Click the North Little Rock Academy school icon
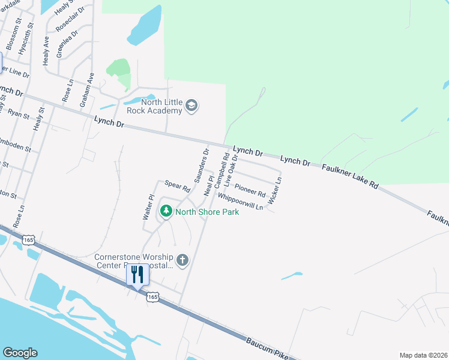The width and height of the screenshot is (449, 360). pyautogui.click(x=191, y=106)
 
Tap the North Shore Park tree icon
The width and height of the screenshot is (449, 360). pyautogui.click(x=166, y=211)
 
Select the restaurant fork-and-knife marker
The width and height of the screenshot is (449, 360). pyautogui.click(x=137, y=276)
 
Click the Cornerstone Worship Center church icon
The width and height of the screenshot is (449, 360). pyautogui.click(x=182, y=260)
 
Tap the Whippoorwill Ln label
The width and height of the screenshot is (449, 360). pyautogui.click(x=241, y=201)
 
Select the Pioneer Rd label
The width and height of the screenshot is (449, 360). pyautogui.click(x=250, y=190)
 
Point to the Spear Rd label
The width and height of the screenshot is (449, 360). pyautogui.click(x=177, y=186)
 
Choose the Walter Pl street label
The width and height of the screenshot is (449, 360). pyautogui.click(x=148, y=206)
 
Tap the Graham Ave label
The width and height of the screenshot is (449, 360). pyautogui.click(x=88, y=90)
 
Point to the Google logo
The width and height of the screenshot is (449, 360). pyautogui.click(x=20, y=353)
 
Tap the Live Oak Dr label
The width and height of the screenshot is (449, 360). pyautogui.click(x=231, y=169)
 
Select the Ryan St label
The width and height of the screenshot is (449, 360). pyautogui.click(x=19, y=113)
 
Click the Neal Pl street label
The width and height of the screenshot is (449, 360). pyautogui.click(x=209, y=185)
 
